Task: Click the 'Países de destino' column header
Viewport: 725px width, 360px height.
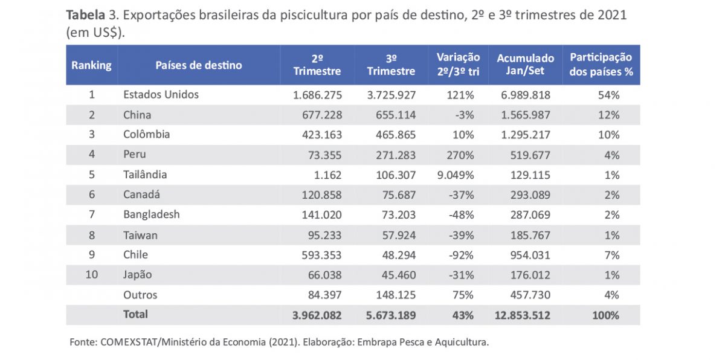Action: (198, 65)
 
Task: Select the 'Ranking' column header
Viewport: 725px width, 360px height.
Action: (91, 65)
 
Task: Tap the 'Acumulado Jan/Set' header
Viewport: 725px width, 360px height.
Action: (525, 65)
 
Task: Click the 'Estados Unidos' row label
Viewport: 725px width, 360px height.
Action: (161, 95)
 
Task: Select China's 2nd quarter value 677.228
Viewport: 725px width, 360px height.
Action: (317, 115)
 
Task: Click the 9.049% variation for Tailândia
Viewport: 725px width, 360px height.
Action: (457, 175)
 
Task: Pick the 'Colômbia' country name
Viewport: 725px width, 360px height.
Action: (146, 135)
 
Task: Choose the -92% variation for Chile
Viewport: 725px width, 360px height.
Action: (461, 255)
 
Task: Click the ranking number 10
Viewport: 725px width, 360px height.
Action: (92, 275)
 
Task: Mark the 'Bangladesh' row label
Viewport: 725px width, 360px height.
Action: (151, 214)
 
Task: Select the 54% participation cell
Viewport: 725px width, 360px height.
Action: (609, 95)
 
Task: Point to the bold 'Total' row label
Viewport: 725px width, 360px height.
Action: (135, 314)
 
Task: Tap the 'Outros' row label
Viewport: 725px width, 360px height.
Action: (140, 295)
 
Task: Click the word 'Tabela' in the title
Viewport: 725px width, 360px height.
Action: (84, 15)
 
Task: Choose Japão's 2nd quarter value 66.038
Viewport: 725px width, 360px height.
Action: (321, 275)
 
